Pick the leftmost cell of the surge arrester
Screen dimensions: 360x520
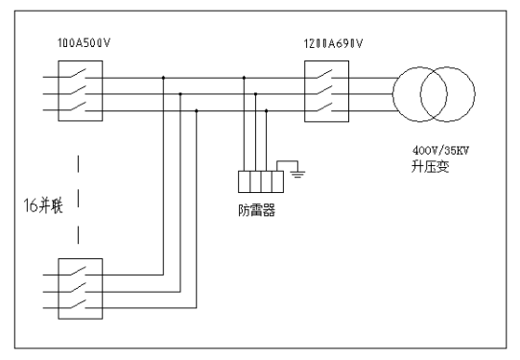coord(243,181)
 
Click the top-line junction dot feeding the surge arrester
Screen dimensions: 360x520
coord(244,78)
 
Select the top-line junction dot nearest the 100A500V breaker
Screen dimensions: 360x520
coord(164,78)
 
